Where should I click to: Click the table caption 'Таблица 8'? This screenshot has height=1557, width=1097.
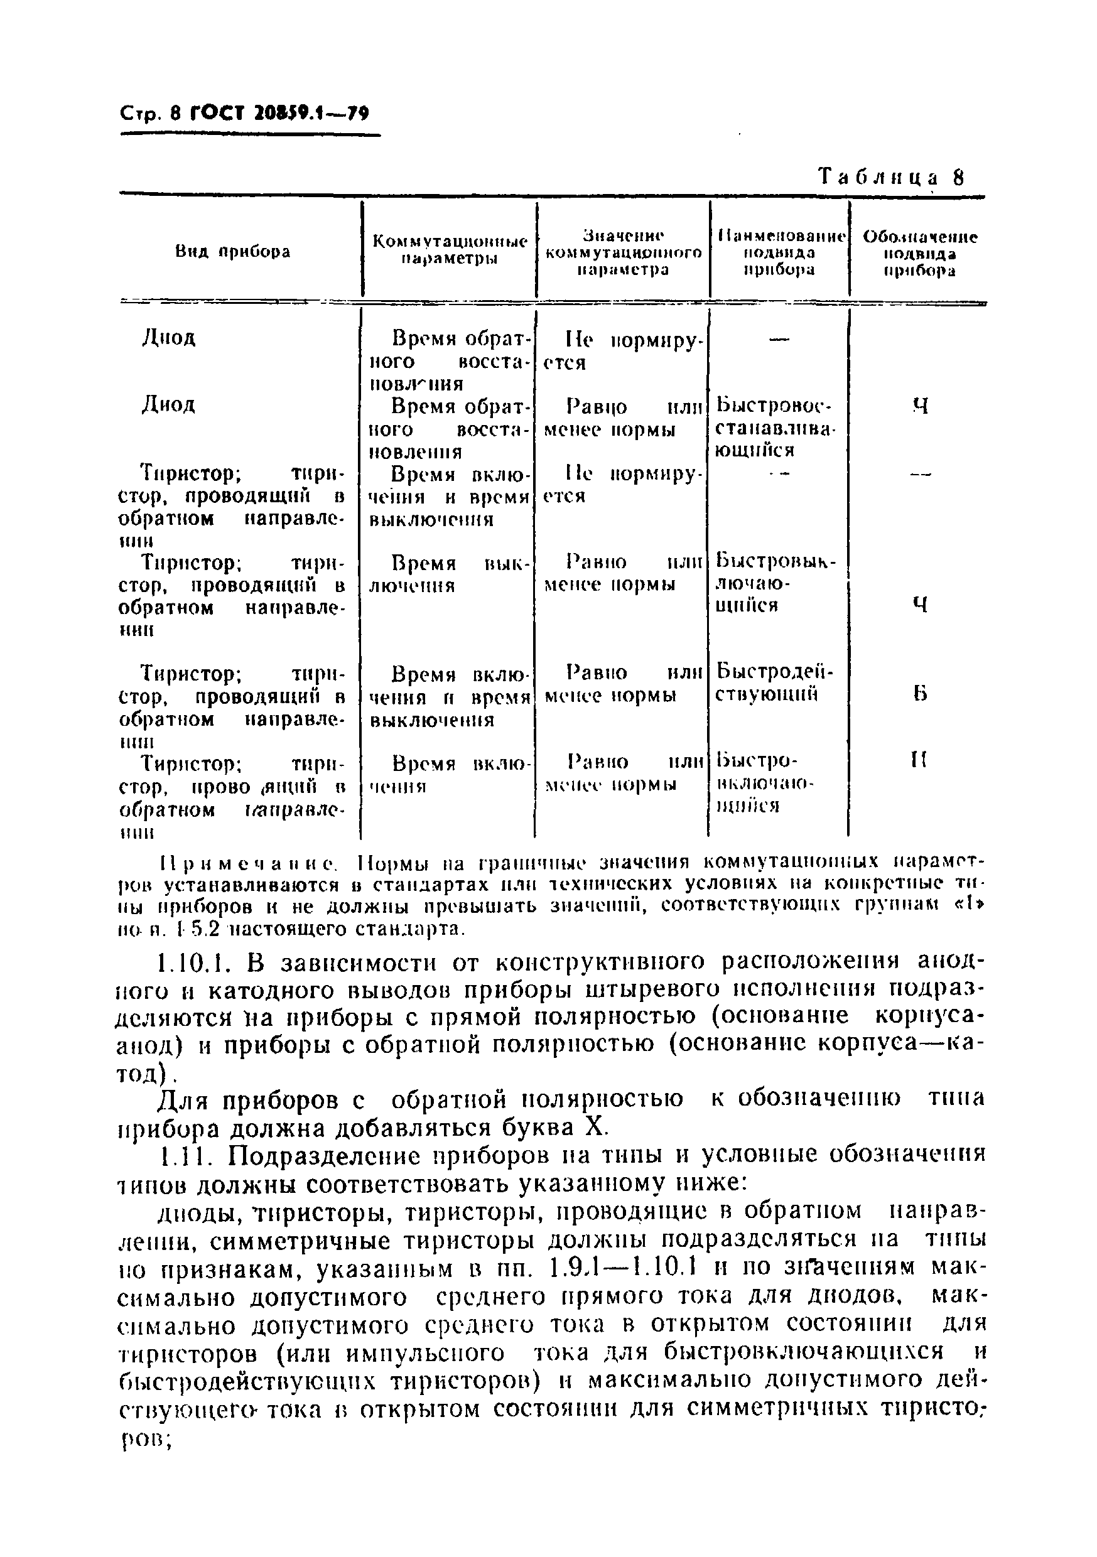tap(891, 177)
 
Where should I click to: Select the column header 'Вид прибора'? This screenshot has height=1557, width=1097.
tap(233, 252)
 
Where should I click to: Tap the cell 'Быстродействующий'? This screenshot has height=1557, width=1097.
tap(774, 683)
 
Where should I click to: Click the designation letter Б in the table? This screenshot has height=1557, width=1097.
tap(919, 694)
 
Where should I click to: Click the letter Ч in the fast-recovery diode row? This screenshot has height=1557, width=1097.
tap(920, 406)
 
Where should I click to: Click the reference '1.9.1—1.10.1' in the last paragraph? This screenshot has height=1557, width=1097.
tap(651, 1268)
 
